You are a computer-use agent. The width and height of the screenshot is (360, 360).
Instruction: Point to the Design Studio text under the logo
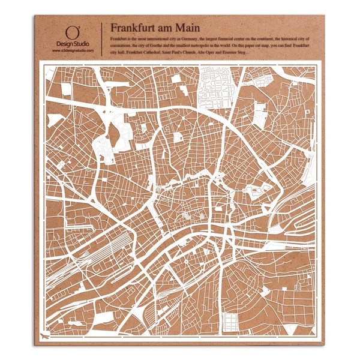coord(71,45)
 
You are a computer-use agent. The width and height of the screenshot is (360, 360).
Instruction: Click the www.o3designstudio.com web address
coord(71,51)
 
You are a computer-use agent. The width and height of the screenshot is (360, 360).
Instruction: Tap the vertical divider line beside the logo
coord(103,39)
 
